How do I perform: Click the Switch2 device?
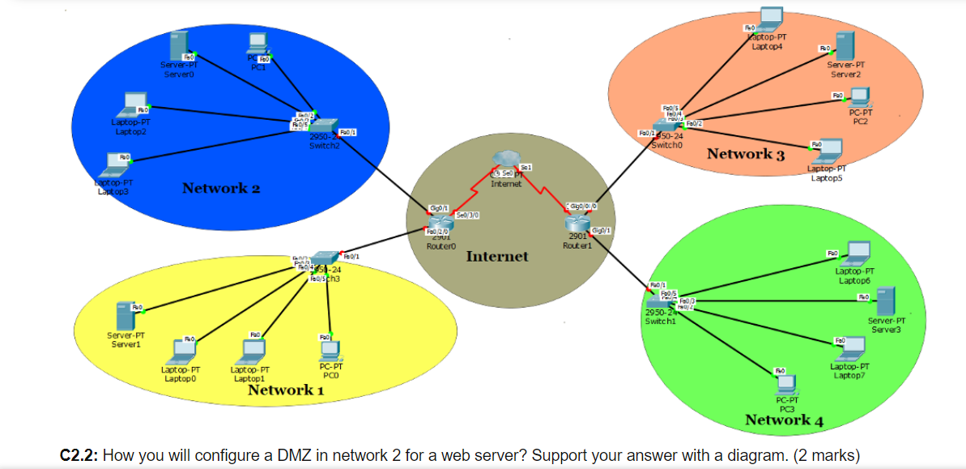click(x=326, y=126)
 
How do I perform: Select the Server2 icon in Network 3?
click(x=845, y=45)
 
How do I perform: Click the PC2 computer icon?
click(x=857, y=99)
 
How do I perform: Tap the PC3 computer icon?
click(x=786, y=384)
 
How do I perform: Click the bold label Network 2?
click(x=221, y=189)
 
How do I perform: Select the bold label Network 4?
click(x=784, y=420)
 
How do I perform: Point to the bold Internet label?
click(x=497, y=257)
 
